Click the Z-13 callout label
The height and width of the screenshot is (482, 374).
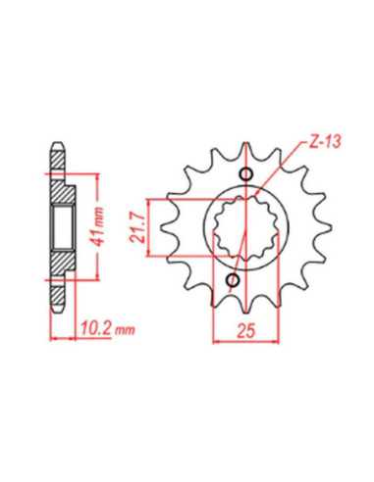click(325, 143)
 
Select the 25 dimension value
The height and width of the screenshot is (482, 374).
click(246, 331)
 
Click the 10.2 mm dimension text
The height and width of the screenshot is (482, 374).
click(108, 328)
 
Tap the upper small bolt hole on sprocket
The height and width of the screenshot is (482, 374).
click(245, 175)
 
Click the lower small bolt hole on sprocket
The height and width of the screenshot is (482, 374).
click(234, 280)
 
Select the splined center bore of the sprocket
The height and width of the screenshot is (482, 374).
click(245, 227)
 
